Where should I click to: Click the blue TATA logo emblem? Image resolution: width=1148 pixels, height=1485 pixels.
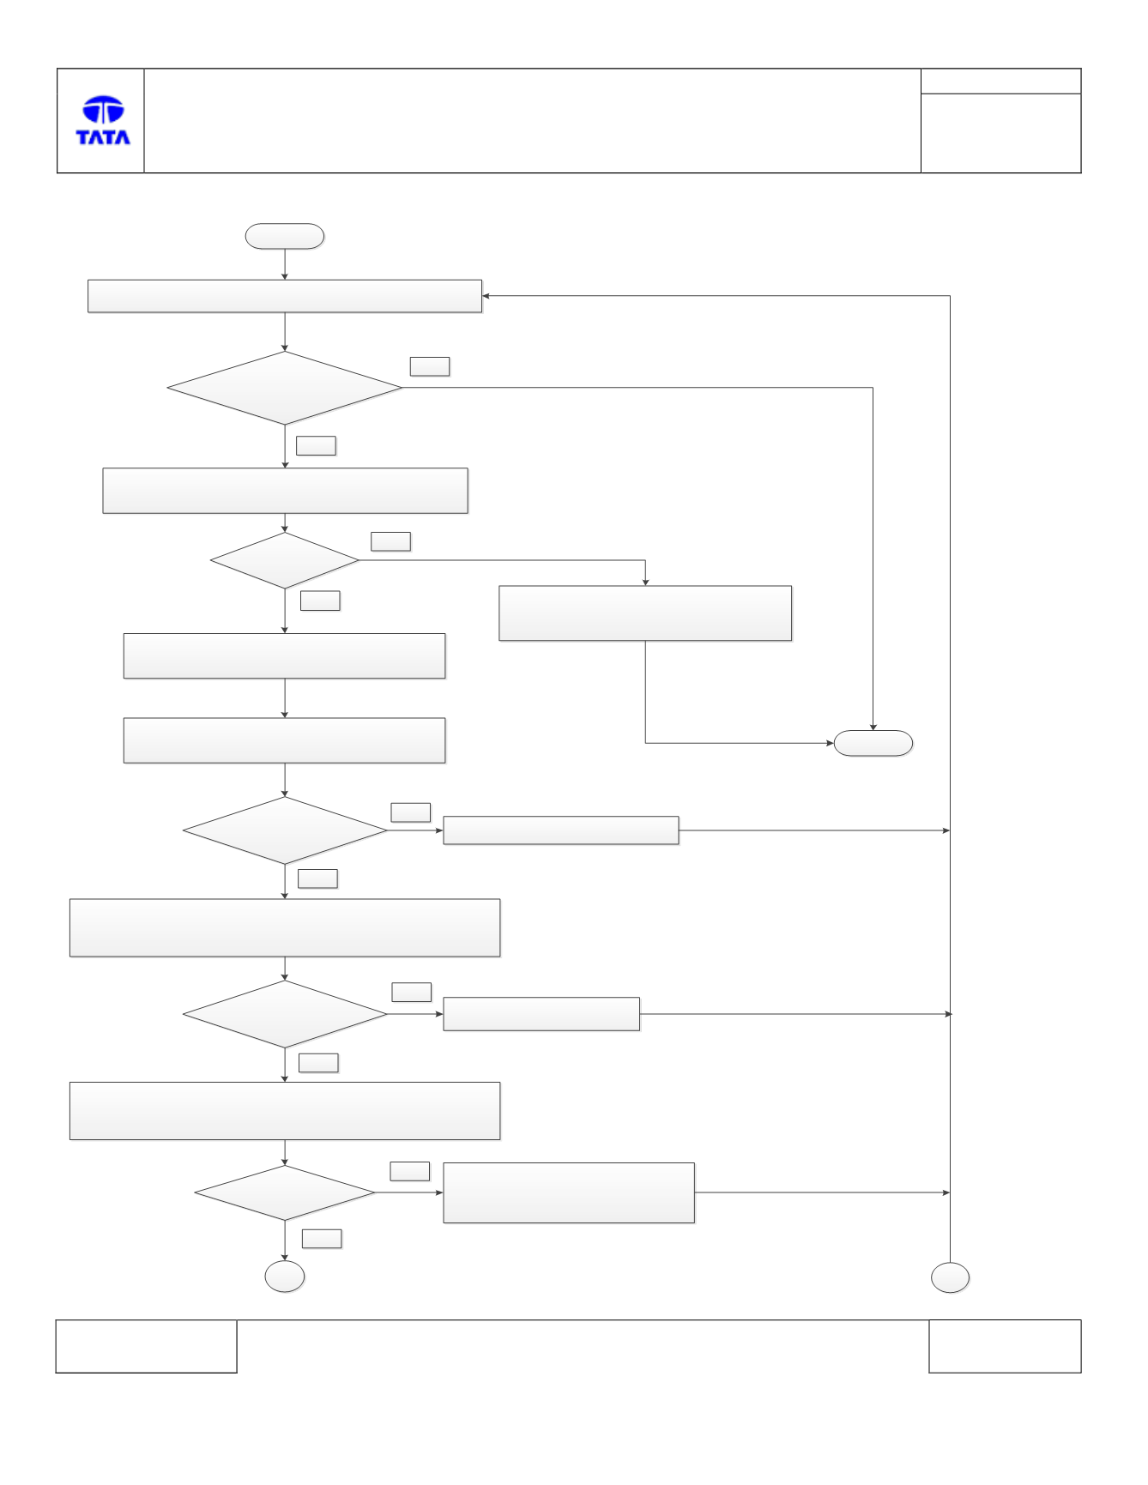click(x=103, y=110)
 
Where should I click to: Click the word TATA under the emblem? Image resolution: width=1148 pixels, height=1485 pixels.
click(x=103, y=137)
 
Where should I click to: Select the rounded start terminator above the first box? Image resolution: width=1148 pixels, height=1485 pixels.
click(x=285, y=237)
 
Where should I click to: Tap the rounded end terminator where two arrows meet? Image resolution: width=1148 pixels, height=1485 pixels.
click(x=873, y=743)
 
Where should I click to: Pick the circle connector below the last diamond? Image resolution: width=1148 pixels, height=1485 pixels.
click(x=285, y=1277)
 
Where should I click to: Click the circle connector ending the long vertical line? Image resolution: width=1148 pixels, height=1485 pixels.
click(x=951, y=1277)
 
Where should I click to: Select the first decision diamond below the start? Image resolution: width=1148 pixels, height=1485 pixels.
click(x=285, y=388)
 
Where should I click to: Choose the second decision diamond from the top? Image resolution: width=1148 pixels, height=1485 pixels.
click(x=285, y=560)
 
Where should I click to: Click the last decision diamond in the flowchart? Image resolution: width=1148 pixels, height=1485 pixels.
click(x=285, y=1192)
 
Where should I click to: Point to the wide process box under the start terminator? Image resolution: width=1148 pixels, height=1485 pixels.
click(x=285, y=296)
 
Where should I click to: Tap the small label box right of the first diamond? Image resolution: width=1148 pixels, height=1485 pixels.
click(x=430, y=366)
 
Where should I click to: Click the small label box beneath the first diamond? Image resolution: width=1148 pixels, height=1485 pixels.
click(x=316, y=445)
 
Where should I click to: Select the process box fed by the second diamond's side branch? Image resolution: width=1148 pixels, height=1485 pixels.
click(x=645, y=613)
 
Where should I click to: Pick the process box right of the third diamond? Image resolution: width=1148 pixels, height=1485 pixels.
click(x=561, y=830)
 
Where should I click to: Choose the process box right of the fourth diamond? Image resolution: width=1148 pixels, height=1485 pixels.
click(x=541, y=1014)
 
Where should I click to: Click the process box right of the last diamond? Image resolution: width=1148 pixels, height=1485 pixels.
click(x=569, y=1192)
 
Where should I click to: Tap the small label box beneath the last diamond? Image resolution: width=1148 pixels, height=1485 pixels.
click(x=322, y=1239)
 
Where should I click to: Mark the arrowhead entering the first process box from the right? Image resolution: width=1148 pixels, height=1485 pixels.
click(x=486, y=296)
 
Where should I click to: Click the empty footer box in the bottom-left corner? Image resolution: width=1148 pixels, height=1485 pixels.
click(x=147, y=1346)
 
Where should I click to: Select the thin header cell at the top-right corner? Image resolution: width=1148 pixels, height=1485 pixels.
click(x=1001, y=81)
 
